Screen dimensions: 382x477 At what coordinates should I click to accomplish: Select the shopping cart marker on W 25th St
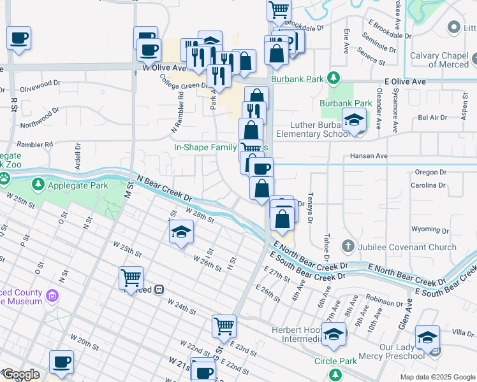131,277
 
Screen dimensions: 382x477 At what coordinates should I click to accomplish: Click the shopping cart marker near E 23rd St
224,326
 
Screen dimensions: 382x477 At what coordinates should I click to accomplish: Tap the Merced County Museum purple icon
52,295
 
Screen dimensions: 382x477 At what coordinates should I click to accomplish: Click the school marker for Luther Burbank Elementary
353,120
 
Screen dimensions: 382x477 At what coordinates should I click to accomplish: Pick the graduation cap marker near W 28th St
182,232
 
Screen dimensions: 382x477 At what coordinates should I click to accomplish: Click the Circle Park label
335,362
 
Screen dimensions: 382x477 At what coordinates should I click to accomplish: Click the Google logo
20,374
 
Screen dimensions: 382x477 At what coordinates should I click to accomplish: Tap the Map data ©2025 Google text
437,377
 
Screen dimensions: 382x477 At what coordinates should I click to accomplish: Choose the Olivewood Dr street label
40,83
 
